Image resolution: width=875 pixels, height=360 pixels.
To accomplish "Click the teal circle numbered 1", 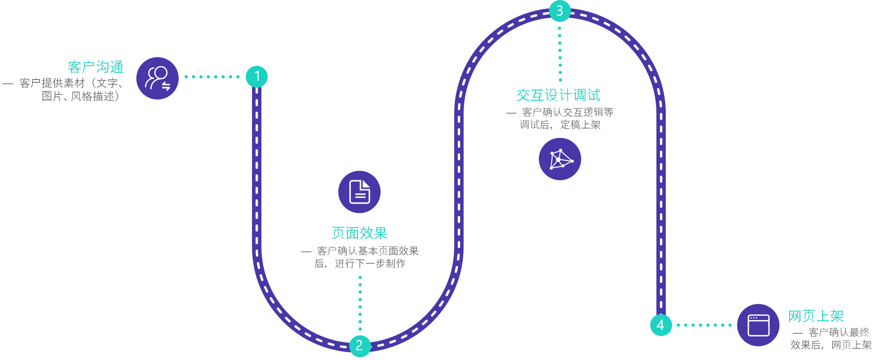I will (x=257, y=76).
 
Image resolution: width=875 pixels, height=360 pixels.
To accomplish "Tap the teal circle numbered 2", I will (x=360, y=346).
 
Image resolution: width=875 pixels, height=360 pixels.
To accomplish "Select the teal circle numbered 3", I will (x=560, y=11).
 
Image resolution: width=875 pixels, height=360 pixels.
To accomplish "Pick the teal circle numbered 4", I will (x=661, y=325).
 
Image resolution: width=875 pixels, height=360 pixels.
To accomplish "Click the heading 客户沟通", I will (x=96, y=67).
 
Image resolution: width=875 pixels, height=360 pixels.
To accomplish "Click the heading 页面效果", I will (x=359, y=233).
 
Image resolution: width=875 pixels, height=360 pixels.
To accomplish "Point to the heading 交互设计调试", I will (x=558, y=95).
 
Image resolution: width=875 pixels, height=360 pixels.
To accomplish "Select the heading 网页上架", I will (x=816, y=316).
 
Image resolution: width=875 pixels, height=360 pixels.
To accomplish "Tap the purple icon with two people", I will (x=158, y=78).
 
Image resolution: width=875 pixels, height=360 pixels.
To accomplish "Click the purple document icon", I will (x=359, y=192).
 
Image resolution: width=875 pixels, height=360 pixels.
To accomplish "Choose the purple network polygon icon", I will (x=560, y=159).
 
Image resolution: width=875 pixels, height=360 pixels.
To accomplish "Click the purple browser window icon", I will (x=758, y=325).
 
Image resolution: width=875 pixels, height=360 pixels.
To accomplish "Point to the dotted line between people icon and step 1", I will (x=212, y=77).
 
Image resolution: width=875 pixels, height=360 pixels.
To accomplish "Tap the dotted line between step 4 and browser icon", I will (x=704, y=325).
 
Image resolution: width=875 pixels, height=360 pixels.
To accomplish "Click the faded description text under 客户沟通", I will (x=71, y=90).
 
